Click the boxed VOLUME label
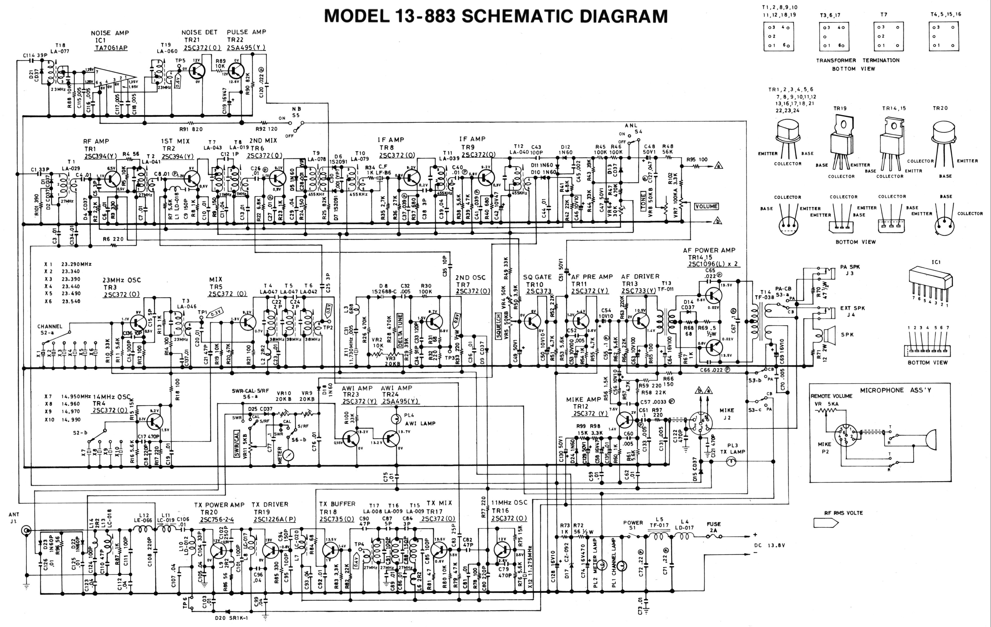pos(706,206)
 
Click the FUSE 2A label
pos(714,527)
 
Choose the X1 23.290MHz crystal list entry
pos(68,264)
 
